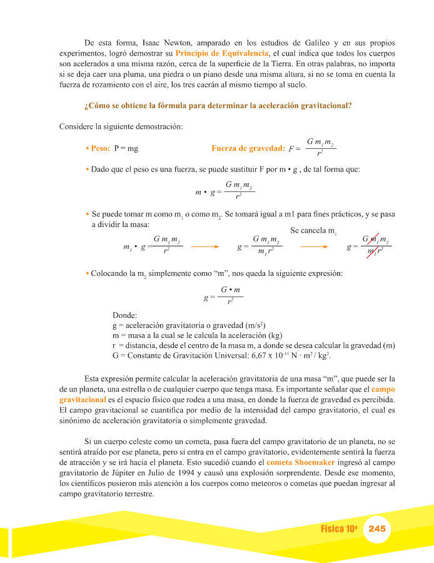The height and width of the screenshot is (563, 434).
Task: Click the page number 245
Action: click(x=378, y=529)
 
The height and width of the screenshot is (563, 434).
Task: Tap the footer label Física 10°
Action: click(x=338, y=529)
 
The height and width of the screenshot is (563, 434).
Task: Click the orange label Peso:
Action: click(x=100, y=148)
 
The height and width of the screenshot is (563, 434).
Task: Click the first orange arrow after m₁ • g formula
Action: click(x=204, y=246)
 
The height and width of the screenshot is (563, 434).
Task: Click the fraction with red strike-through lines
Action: click(x=375, y=246)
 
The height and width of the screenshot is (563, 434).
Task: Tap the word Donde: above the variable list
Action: click(x=125, y=315)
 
